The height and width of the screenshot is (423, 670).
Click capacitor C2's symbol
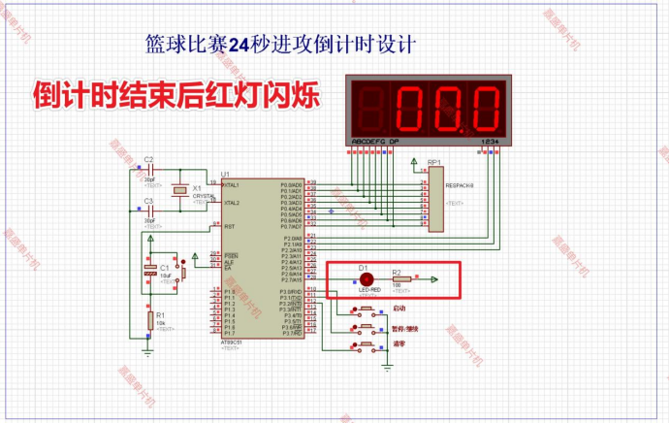(x=149, y=172)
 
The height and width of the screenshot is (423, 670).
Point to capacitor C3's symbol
(x=149, y=213)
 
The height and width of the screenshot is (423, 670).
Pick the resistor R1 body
(x=150, y=319)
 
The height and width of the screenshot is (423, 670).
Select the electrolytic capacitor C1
(x=150, y=270)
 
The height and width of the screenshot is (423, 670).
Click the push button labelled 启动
(x=367, y=310)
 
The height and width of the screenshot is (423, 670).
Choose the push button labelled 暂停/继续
(x=367, y=328)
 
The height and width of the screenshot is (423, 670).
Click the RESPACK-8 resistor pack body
(x=433, y=199)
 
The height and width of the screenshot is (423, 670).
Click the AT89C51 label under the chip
(x=233, y=341)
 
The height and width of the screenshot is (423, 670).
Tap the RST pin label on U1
(x=230, y=226)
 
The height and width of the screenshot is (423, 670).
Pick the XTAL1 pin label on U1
(x=232, y=184)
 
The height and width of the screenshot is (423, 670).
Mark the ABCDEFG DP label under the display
(x=373, y=143)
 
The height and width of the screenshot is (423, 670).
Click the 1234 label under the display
(x=490, y=143)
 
